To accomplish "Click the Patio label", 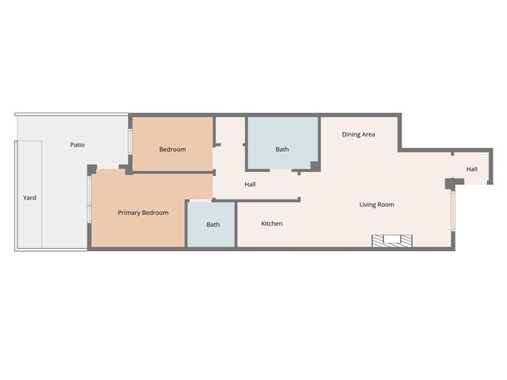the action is (77, 145).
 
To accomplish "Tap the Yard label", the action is (30, 198).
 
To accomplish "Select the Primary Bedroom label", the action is (143, 212).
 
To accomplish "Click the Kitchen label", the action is (272, 223).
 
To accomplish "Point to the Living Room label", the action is (376, 205).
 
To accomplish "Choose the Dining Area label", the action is (358, 134).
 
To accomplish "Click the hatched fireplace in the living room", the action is (392, 241).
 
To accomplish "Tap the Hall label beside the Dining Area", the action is (471, 169).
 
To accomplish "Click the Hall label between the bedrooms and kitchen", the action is (250, 184).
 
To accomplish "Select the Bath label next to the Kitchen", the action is (213, 225).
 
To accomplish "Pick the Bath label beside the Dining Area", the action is (282, 149).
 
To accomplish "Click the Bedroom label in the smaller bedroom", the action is (172, 149).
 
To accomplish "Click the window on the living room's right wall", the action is (453, 211).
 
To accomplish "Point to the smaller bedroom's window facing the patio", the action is (130, 142).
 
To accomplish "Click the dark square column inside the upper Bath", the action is (315, 166).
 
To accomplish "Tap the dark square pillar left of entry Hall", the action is (450, 184).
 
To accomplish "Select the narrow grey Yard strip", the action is (29, 194).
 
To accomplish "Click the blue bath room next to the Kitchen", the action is (211, 225).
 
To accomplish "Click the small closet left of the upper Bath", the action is (230, 131).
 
